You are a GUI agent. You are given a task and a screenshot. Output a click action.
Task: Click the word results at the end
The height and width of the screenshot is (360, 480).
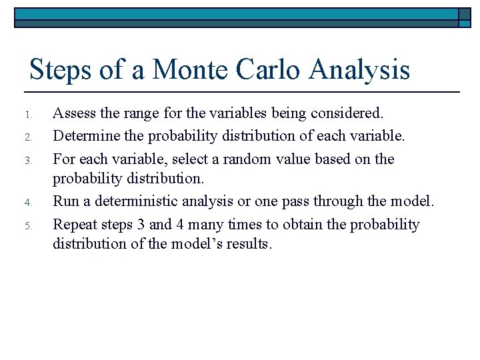248,243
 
